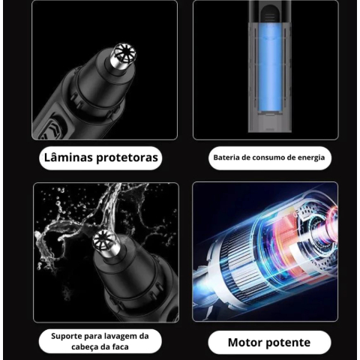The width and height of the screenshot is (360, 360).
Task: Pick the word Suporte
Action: [67, 337]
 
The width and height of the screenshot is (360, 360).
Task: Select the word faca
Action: [120, 346]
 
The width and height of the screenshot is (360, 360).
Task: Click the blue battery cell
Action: [269, 68]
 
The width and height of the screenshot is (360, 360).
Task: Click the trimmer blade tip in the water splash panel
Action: [105, 241]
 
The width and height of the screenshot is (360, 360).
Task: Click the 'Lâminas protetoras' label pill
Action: [100, 158]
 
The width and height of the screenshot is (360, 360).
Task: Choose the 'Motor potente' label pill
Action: [269, 343]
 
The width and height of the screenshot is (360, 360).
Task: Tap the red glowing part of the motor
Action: [287, 239]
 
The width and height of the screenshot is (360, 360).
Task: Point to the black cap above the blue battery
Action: [269, 11]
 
